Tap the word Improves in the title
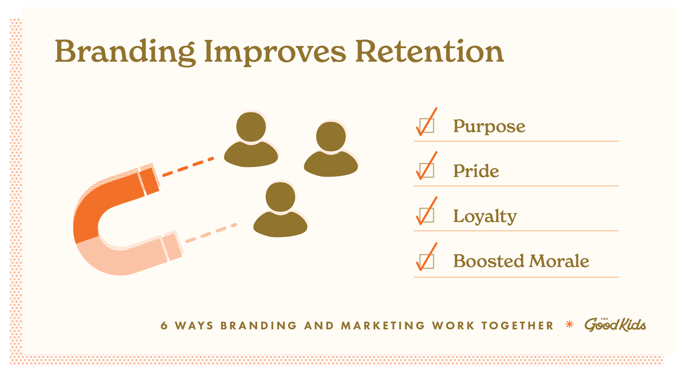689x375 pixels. pos(275,52)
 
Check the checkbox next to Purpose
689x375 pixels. pos(427,126)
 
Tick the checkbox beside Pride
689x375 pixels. pos(427,170)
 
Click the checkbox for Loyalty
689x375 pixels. pos(427,215)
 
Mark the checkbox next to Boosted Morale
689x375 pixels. pos(427,261)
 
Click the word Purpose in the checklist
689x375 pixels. pos(489,127)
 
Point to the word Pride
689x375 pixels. pos(476,171)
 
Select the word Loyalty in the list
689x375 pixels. pos(485,216)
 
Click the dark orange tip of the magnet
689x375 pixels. pos(149,181)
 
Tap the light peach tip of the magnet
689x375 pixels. pos(172,246)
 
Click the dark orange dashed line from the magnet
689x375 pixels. pos(188,167)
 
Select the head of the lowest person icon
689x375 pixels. pos(280,197)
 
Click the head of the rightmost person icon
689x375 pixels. pos(331,137)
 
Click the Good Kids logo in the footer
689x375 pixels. pos(615,325)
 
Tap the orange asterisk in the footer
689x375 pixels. pos(569,325)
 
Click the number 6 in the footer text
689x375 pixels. pos(164,326)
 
